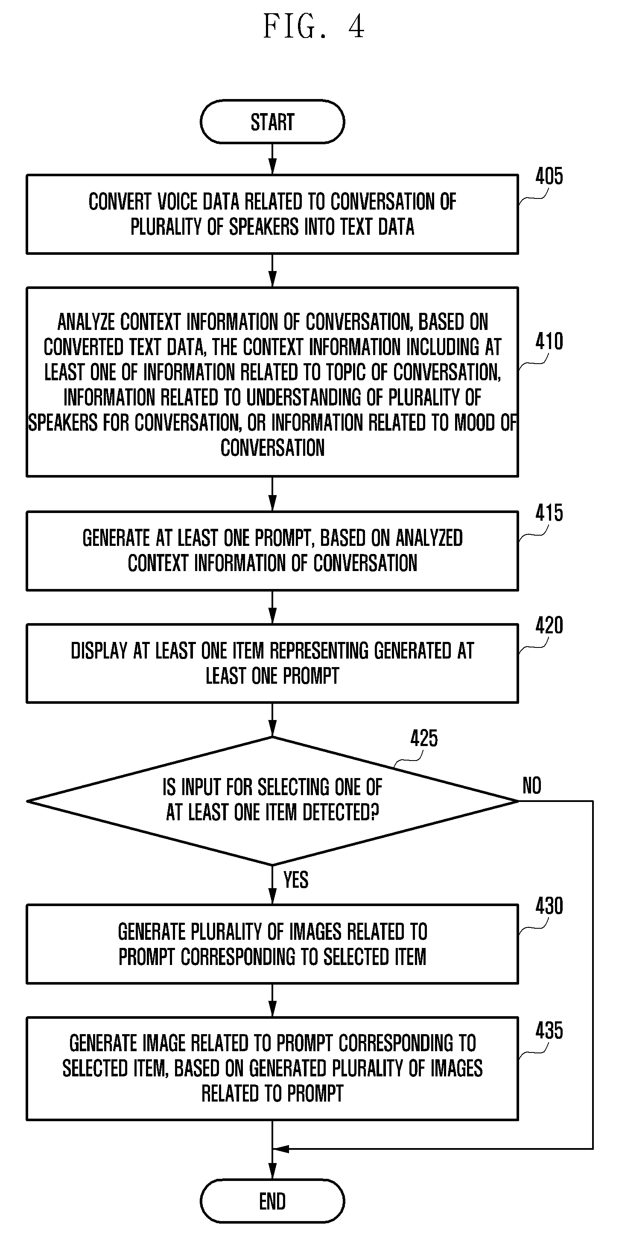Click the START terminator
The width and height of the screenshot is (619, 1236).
(x=272, y=122)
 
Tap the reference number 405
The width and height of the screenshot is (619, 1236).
(x=549, y=177)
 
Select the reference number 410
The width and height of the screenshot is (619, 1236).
(x=549, y=341)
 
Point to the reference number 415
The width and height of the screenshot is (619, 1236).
(x=549, y=513)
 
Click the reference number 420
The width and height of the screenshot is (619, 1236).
(x=549, y=626)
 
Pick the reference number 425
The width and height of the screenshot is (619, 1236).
(x=424, y=738)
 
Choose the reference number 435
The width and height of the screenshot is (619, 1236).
(x=549, y=1031)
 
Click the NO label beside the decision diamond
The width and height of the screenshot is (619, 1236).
(x=531, y=786)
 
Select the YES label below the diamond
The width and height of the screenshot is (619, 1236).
(x=295, y=880)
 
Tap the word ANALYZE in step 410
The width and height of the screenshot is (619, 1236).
(x=86, y=322)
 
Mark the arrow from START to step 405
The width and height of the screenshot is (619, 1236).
(x=272, y=159)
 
